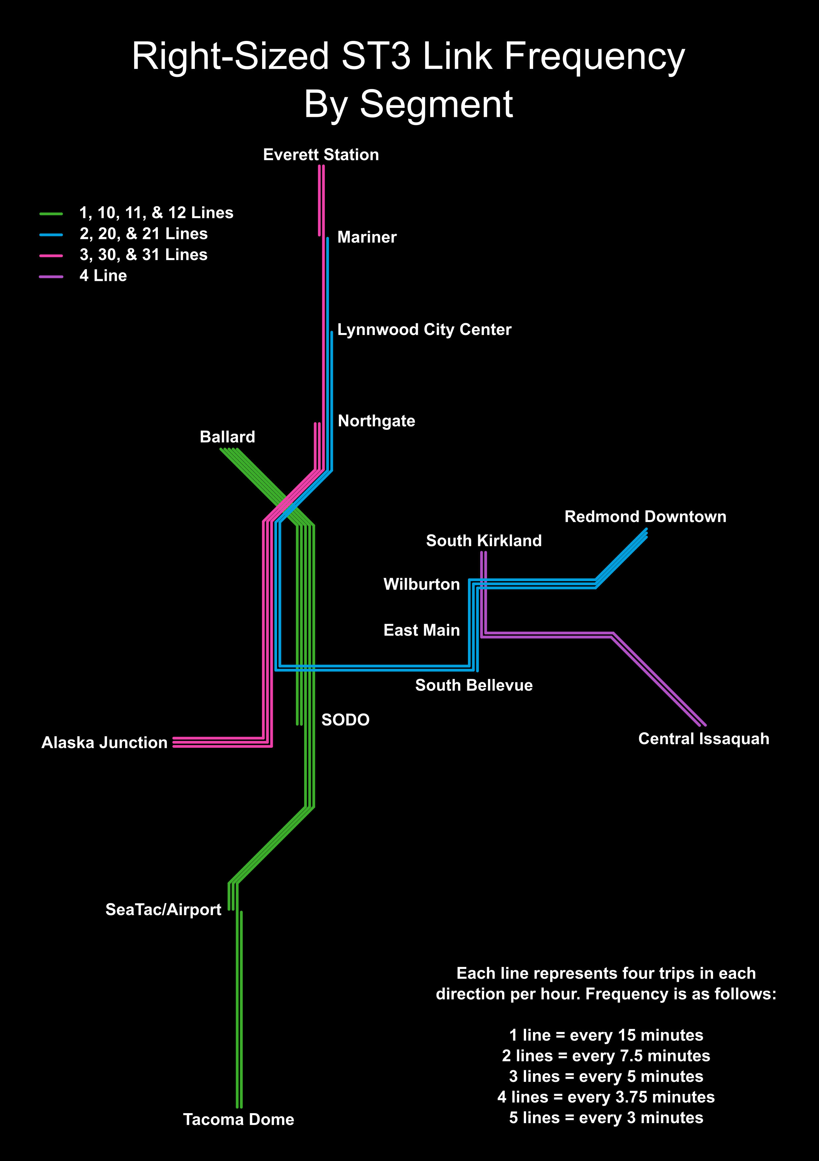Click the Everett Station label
click(321, 155)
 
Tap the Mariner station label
click(367, 237)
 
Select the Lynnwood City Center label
click(424, 330)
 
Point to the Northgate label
click(376, 421)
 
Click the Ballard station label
click(227, 437)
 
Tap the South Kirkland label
click(483, 541)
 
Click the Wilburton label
click(421, 584)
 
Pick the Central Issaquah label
click(703, 739)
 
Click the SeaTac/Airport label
click(163, 910)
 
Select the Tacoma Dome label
click(238, 1119)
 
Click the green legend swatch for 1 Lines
click(51, 214)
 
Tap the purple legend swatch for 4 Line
click(51, 277)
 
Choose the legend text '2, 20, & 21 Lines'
click(143, 234)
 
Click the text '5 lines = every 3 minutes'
click(606, 1117)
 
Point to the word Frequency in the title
click(594, 57)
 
